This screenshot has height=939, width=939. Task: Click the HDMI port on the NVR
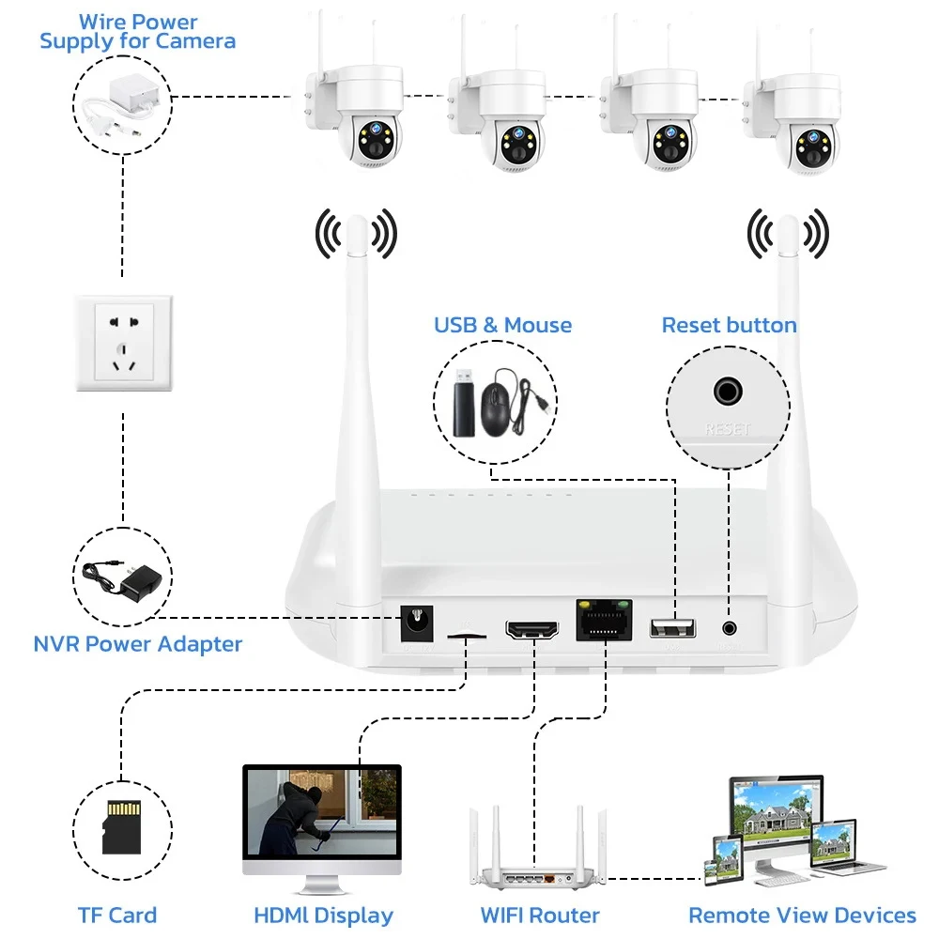click(531, 630)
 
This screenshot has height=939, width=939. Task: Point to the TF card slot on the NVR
click(466, 636)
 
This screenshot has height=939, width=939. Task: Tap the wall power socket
click(123, 343)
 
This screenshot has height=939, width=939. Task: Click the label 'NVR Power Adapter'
click(138, 644)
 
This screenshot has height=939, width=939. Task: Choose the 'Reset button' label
click(729, 326)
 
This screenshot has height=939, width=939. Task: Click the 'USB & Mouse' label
click(502, 326)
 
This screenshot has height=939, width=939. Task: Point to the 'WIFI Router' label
click(539, 915)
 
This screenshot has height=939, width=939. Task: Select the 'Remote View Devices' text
click(802, 915)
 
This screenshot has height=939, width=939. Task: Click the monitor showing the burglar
click(322, 817)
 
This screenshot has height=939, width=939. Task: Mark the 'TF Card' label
click(117, 915)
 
